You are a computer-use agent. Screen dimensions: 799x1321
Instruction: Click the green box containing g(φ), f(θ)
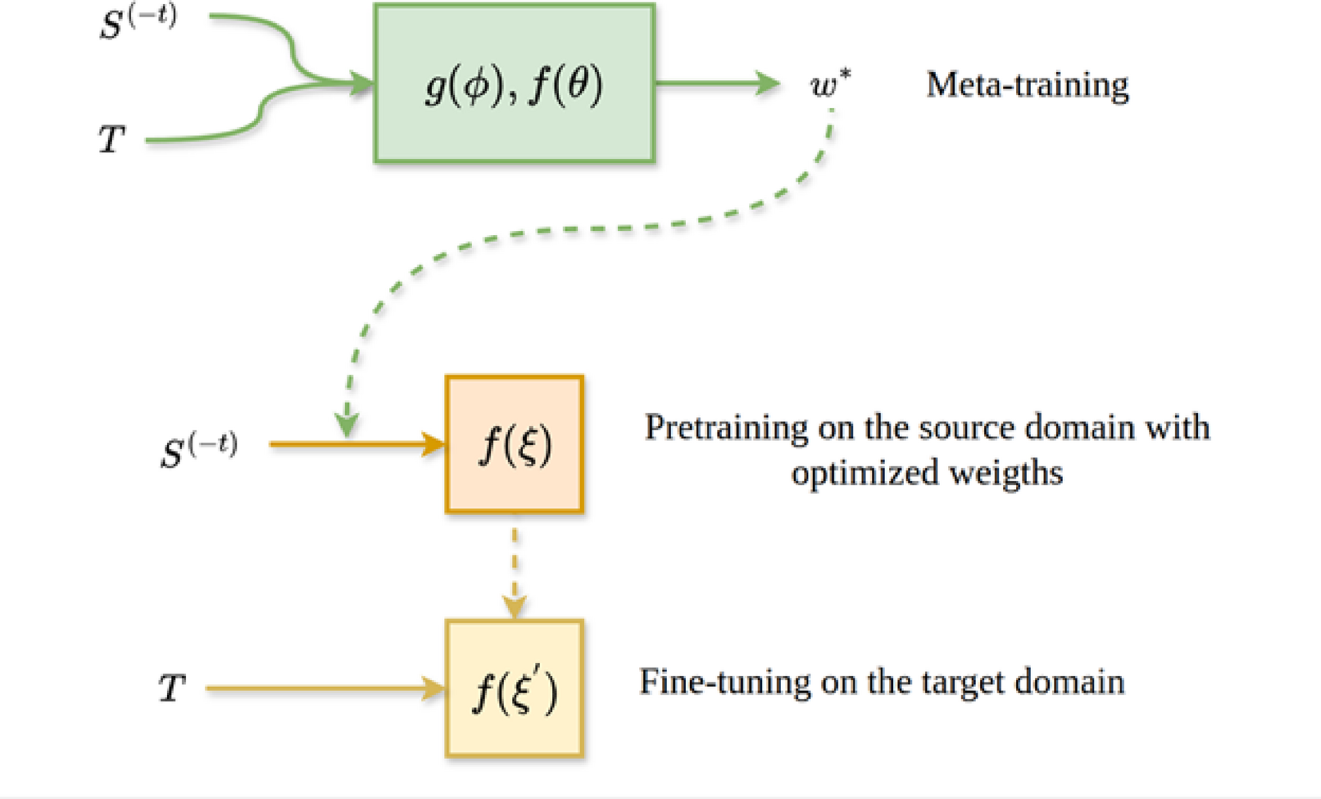(x=514, y=83)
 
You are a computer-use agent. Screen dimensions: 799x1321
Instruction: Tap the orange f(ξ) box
(x=514, y=444)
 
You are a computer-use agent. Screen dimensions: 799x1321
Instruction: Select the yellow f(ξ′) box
(x=514, y=689)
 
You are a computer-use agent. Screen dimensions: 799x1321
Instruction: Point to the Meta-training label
(x=1027, y=85)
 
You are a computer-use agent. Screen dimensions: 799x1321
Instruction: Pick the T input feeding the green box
(x=112, y=139)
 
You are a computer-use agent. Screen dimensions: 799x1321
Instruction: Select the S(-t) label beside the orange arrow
(x=198, y=450)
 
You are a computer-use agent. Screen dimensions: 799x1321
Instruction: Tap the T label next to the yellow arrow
(x=172, y=688)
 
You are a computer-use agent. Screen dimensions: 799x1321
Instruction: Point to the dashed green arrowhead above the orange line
(x=347, y=426)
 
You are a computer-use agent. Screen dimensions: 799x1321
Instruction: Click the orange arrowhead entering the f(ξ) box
(x=434, y=444)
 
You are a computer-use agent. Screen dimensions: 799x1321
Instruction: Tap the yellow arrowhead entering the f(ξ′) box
(x=434, y=688)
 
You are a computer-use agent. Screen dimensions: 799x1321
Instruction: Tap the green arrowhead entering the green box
(x=362, y=82)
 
